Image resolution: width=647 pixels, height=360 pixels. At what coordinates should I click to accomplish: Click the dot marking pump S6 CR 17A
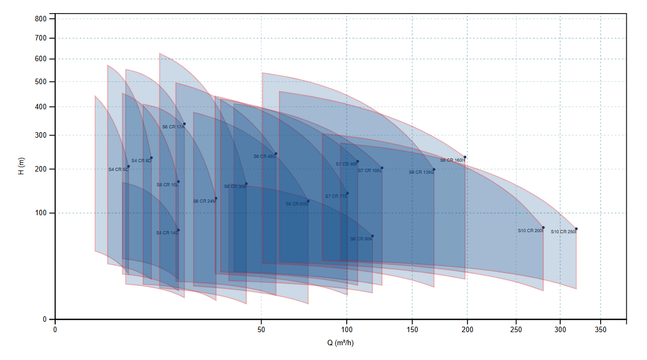185,124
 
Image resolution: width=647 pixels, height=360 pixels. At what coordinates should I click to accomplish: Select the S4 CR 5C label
118,169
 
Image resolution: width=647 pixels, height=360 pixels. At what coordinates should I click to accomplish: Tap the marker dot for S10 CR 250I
576,229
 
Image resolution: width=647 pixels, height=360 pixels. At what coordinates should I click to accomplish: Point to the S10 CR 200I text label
530,231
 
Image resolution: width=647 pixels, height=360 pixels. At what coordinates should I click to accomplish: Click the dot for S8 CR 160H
465,157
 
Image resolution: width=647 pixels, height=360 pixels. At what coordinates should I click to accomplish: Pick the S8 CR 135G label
421,172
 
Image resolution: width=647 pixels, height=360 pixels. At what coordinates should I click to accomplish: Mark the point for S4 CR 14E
178,230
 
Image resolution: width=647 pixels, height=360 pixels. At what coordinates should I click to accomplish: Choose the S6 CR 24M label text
204,201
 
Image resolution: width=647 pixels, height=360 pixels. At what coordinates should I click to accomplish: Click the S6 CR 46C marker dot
276,154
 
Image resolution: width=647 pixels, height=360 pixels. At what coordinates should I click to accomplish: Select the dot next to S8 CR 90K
372,236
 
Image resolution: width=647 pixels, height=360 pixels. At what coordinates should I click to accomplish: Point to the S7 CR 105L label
370,170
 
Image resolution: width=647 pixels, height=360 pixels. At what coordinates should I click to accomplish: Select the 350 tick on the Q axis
601,330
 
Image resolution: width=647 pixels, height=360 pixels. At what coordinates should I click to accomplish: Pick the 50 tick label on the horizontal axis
261,330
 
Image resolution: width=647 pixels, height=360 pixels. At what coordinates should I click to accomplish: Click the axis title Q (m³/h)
341,343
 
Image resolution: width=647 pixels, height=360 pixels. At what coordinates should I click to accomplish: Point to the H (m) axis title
21,165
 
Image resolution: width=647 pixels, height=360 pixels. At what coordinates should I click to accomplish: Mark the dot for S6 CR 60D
308,200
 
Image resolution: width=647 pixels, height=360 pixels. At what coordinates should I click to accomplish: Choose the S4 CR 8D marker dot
151,158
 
